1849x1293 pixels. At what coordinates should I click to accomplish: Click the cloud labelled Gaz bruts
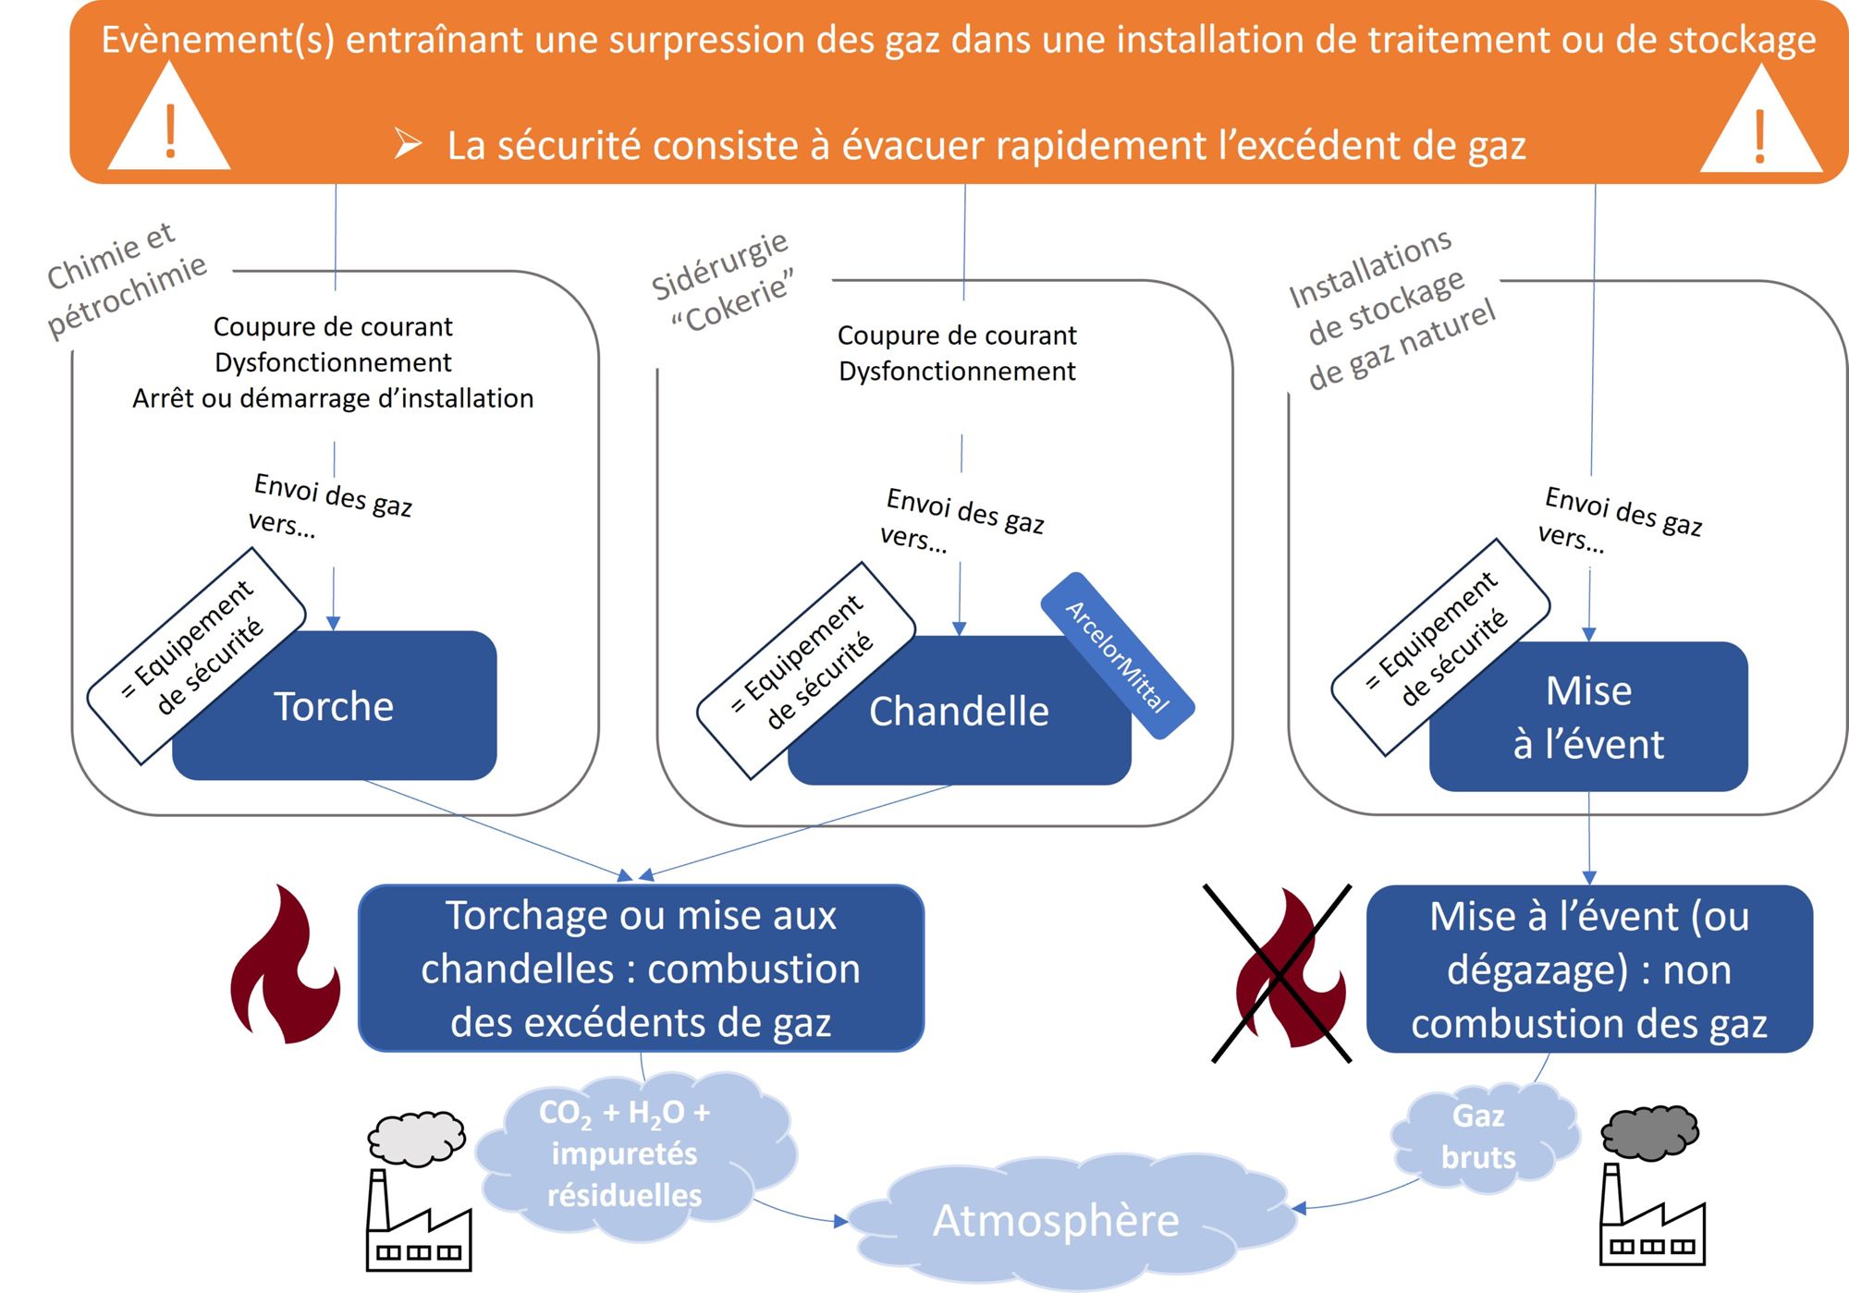click(x=1479, y=1137)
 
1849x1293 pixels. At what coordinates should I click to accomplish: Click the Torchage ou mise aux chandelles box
click(x=641, y=969)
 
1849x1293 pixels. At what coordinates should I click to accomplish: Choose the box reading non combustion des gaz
click(x=1589, y=969)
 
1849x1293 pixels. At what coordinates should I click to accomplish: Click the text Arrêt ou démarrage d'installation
click(x=333, y=398)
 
